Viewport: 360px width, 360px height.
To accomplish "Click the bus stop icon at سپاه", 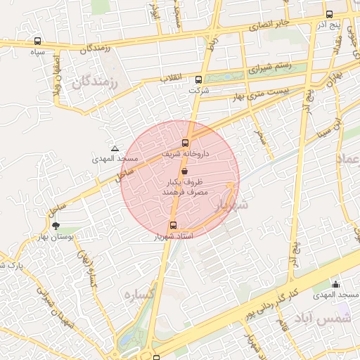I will (37, 41).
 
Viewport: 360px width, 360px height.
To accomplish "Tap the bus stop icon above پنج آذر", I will (329, 14).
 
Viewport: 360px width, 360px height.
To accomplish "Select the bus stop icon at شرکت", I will (198, 79).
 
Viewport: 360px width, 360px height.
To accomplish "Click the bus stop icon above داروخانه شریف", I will (186, 143).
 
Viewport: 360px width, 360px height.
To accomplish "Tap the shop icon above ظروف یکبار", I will (184, 171).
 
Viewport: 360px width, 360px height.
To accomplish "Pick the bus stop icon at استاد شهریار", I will (174, 226).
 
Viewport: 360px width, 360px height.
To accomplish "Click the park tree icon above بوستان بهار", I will (56, 226).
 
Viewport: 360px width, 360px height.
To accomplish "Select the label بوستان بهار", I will (56, 238).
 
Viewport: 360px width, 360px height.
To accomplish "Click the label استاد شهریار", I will (172, 237).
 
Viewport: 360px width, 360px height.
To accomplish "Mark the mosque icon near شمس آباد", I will (335, 284).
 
